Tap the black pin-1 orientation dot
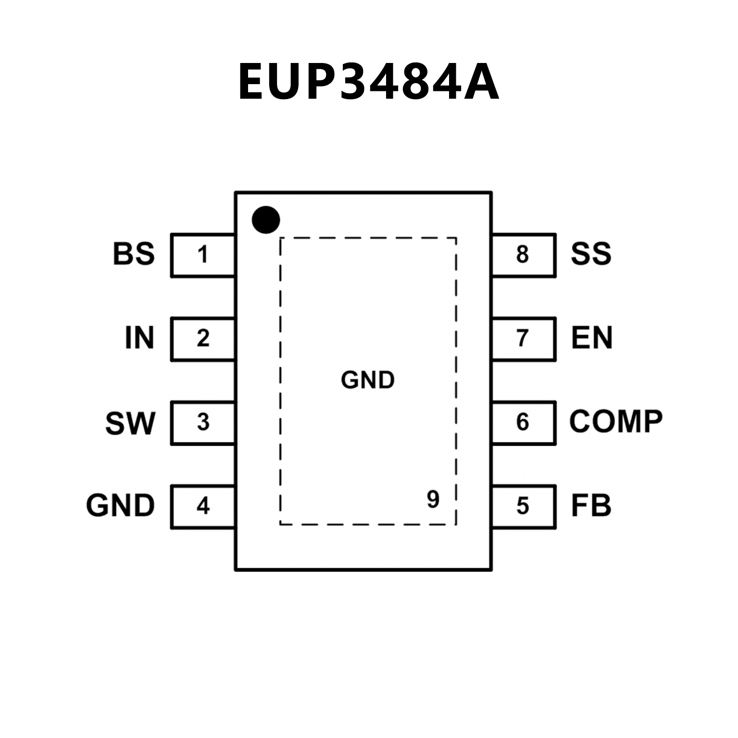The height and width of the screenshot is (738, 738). pos(266,220)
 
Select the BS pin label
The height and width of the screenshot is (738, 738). pos(134,254)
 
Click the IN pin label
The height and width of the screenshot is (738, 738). pos(139,338)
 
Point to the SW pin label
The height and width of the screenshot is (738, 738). pos(130,423)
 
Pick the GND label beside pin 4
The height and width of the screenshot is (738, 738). pos(121,506)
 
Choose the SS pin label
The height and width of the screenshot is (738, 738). pos(591,254)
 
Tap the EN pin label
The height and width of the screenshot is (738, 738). pos(592,338)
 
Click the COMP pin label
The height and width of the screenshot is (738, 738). pos(616,422)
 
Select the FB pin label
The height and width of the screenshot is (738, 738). pos(591,506)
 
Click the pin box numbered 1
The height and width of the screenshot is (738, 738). pos(203,255)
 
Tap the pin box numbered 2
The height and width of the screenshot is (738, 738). pos(203,338)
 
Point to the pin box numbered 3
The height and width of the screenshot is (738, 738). pos(203,423)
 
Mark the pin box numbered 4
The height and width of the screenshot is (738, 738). pos(203,506)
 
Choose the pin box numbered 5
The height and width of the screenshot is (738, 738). pos(523,506)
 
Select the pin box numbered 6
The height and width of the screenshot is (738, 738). pos(523,423)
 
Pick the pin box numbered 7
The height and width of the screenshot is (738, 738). pos(523,338)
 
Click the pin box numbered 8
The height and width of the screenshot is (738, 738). pos(523,255)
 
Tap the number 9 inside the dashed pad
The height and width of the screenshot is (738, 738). pos(433,500)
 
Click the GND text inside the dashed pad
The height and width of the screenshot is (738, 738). pos(368,380)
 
